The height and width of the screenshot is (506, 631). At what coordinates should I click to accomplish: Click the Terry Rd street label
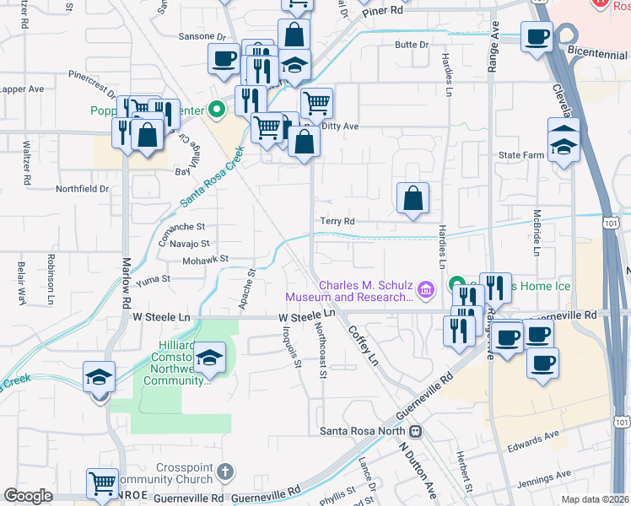click(x=337, y=221)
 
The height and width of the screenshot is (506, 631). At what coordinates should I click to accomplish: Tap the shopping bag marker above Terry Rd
click(x=413, y=199)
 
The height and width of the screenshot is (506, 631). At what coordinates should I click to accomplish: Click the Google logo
click(x=28, y=496)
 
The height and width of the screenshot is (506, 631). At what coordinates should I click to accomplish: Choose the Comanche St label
click(x=182, y=228)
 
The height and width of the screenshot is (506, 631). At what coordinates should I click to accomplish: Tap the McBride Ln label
click(x=537, y=232)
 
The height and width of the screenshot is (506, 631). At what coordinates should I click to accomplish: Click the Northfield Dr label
click(x=83, y=189)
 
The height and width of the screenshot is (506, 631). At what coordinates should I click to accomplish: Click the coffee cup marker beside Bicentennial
click(x=537, y=38)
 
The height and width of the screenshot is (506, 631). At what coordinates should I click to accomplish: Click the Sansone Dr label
click(x=203, y=37)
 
